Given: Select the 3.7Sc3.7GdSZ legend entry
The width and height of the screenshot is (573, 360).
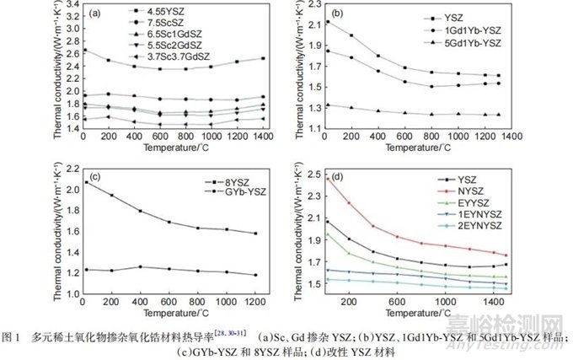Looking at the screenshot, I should [x=174, y=55].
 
